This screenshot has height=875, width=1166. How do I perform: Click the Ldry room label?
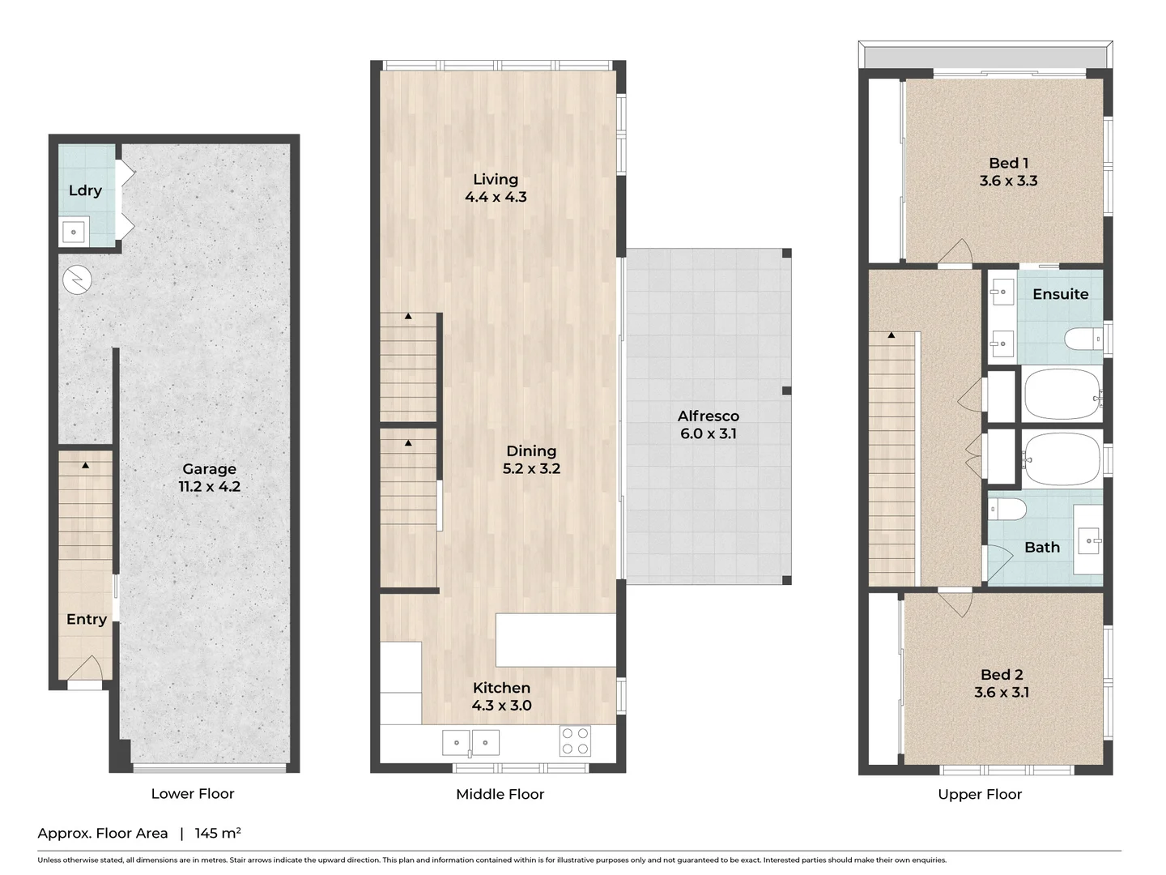click(x=85, y=190)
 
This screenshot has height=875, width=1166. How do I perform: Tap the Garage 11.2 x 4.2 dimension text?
click(x=210, y=487)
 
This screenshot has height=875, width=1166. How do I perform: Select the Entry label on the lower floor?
click(x=87, y=619)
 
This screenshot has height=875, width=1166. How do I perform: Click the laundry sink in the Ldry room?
click(x=74, y=233)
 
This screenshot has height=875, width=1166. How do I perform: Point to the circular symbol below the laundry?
click(x=77, y=280)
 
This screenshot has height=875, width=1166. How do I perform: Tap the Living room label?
click(x=496, y=179)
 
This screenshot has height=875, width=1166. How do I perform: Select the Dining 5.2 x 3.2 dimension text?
click(x=531, y=468)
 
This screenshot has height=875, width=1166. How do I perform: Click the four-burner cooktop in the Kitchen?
click(x=576, y=741)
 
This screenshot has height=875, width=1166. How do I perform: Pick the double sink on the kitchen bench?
click(x=470, y=742)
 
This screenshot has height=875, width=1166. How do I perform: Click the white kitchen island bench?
click(x=555, y=640)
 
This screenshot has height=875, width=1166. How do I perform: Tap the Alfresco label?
click(x=709, y=416)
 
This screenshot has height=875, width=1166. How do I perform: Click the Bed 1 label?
click(x=1008, y=163)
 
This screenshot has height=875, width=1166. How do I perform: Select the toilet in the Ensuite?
click(x=1081, y=339)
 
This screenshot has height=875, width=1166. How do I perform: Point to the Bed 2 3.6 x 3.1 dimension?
click(x=1002, y=692)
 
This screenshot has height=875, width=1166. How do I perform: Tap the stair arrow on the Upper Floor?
click(x=892, y=335)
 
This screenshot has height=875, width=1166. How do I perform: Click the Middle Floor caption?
click(x=500, y=794)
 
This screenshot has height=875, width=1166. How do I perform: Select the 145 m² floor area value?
click(x=218, y=833)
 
